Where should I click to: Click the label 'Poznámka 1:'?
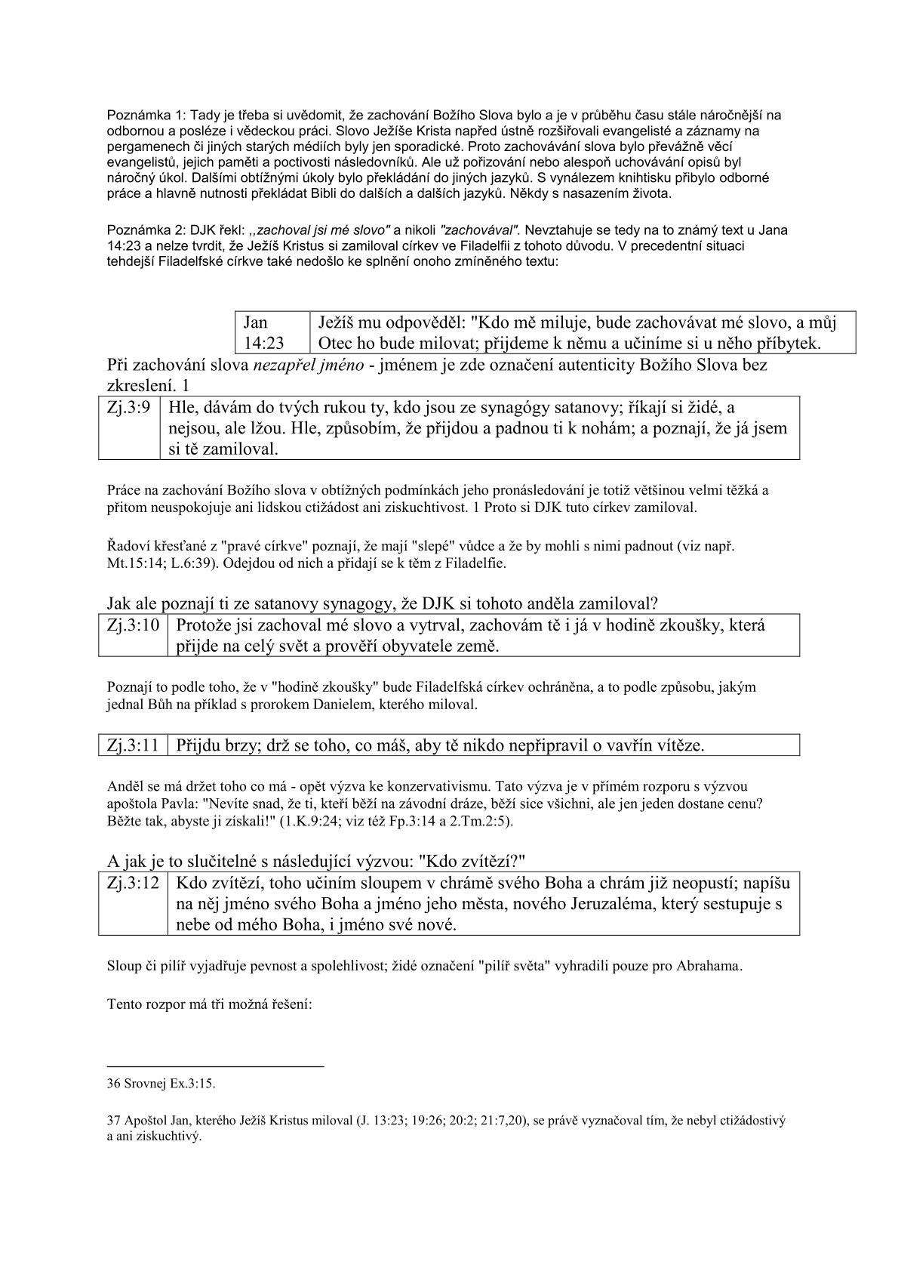coord(146,115)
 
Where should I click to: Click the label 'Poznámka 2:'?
coord(146,230)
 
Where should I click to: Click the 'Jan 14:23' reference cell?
coord(264,332)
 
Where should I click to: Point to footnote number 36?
coord(115,1084)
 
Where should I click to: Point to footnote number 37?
coord(115,1121)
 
